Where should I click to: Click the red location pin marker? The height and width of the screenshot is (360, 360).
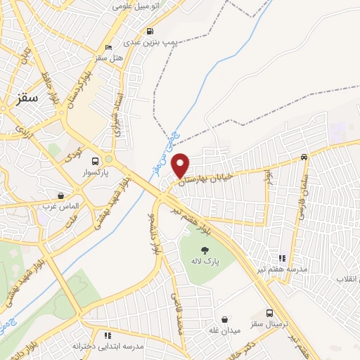click(x=181, y=165)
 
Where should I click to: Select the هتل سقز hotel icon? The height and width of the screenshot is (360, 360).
click(x=107, y=48)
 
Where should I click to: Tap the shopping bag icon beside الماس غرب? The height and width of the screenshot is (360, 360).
click(x=60, y=195)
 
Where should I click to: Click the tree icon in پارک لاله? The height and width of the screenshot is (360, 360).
click(x=205, y=250)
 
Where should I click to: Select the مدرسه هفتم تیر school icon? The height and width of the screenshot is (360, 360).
click(x=282, y=259)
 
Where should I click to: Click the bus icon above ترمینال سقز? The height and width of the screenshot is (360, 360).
click(x=270, y=314)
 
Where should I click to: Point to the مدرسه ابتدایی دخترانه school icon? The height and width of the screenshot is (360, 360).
click(x=108, y=335)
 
